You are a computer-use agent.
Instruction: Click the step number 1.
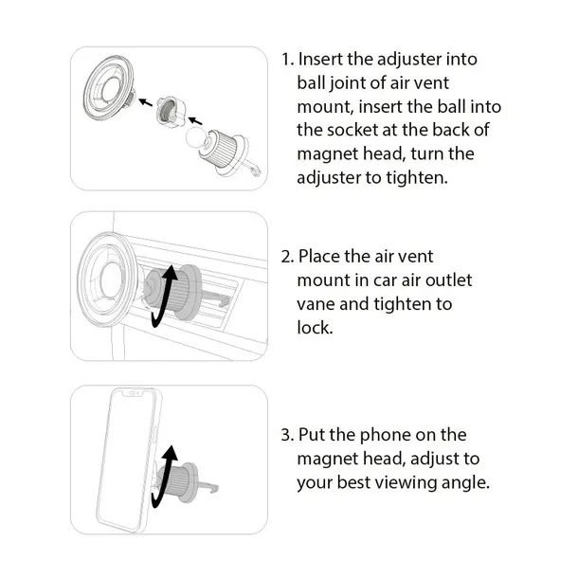coord(287,59)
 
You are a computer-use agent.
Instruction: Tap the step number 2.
coord(287,257)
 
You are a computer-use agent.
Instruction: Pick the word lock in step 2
coord(315,328)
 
